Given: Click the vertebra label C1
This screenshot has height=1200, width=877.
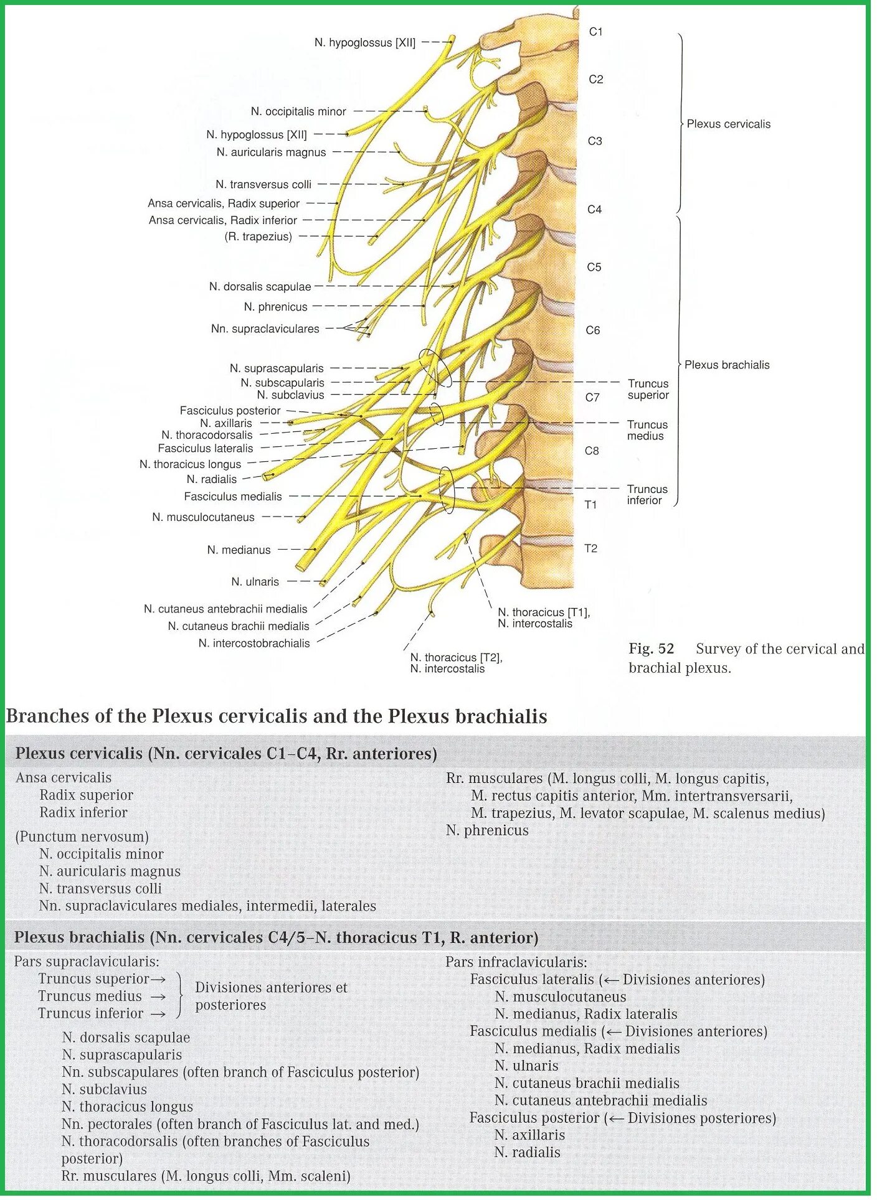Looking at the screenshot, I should pos(595,32).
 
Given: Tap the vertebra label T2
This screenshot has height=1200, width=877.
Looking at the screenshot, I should pos(590,548).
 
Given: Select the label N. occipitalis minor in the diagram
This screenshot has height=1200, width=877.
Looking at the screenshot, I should pos(298,111).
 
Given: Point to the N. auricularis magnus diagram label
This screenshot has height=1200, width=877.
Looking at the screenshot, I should pos(271,152).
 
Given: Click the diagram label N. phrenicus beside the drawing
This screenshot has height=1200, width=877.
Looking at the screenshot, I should pos(275,307).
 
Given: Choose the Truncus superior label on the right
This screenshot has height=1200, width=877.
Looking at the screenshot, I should pos(648,389).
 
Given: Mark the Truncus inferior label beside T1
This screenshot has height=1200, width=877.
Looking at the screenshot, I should pos(647,495).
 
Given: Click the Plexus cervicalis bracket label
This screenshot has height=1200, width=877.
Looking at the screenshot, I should pos(728,124).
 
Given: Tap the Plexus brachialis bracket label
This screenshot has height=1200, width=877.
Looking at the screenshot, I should pos(727,365).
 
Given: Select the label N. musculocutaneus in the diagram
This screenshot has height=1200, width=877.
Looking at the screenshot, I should pos(203,517).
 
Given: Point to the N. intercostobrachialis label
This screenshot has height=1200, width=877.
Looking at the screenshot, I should pos(254,643).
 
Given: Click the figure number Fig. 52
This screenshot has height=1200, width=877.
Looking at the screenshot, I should pos(651,649).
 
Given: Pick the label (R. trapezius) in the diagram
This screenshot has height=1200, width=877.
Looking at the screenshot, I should pos(258,237).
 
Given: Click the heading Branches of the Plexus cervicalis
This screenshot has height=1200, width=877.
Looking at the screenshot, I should pos(276,716).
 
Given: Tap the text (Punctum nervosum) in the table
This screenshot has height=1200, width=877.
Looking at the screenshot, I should pos(82,837).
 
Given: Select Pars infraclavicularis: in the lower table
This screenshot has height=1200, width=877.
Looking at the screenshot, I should pos(516,962).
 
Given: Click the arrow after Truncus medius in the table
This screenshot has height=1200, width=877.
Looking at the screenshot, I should pos(158,996).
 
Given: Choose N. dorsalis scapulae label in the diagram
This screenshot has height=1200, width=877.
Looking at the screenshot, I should pos(260,286).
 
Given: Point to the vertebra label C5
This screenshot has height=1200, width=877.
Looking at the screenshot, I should pos(594,267).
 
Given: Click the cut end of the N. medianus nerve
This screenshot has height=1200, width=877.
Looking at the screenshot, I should pos(303,566).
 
